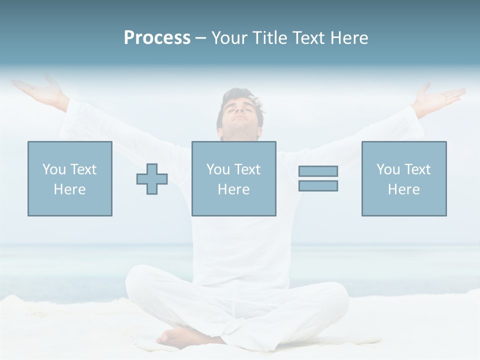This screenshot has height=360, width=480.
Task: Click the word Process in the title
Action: pyautogui.click(x=157, y=38)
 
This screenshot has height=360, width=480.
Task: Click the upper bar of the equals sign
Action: pyautogui.click(x=318, y=171)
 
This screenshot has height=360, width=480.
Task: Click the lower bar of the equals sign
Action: pyautogui.click(x=318, y=185)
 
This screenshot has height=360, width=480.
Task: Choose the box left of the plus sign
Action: pyautogui.click(x=69, y=178)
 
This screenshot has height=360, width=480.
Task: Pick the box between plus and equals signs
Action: pyautogui.click(x=233, y=178)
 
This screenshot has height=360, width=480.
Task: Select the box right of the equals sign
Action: pyautogui.click(x=403, y=178)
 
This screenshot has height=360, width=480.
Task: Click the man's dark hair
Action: pyautogui.click(x=240, y=96)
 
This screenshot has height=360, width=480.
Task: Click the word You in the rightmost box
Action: pyautogui.click(x=388, y=169)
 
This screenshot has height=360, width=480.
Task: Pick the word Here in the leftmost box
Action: pyautogui.click(x=69, y=189)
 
